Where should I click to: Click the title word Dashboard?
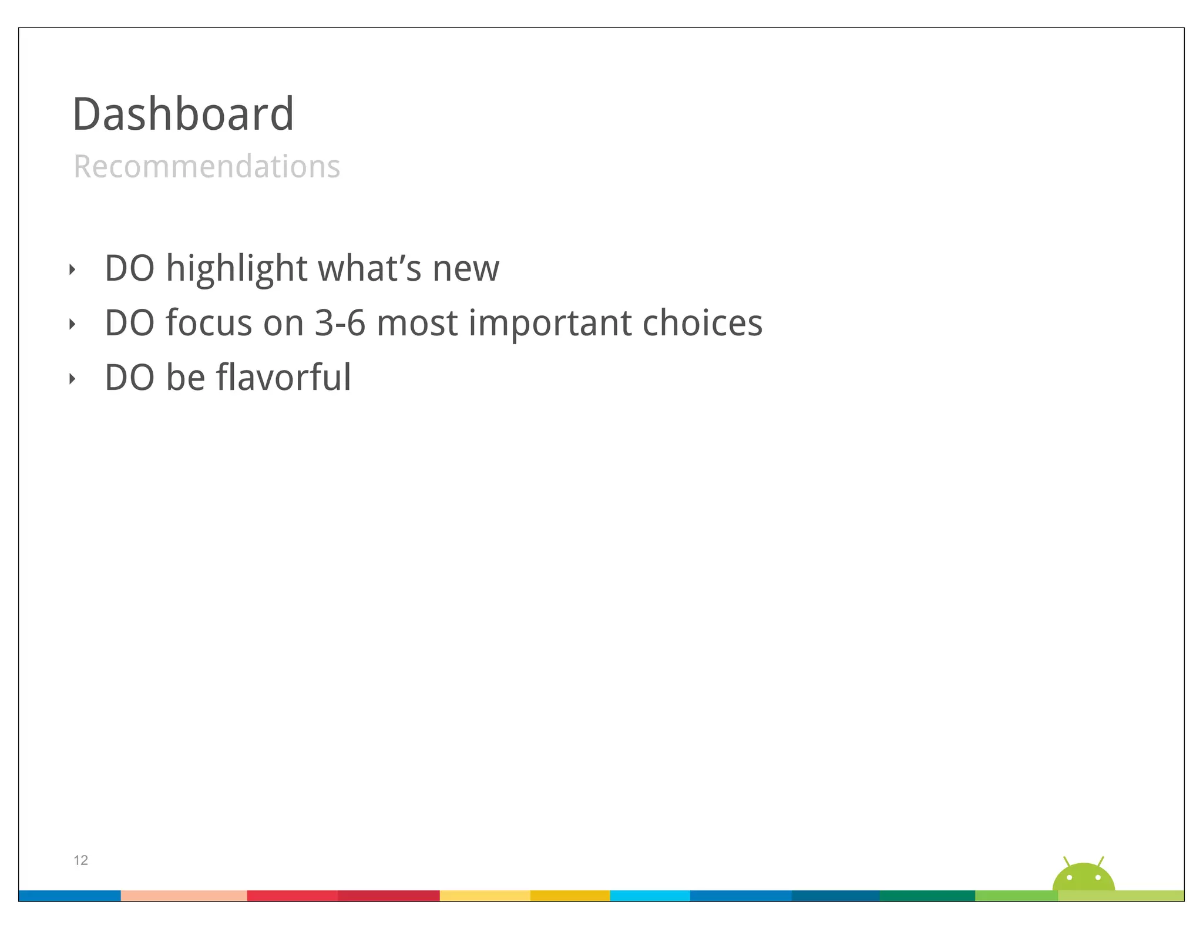[x=183, y=114]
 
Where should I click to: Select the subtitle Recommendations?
[x=207, y=166]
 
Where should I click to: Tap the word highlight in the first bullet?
[x=236, y=268]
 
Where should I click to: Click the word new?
[x=466, y=270]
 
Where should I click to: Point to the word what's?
[x=369, y=268]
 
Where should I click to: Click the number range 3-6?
[x=340, y=323]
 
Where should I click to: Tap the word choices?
[x=702, y=323]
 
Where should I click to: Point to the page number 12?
[x=80, y=860]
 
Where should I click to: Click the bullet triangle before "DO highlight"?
[x=72, y=270]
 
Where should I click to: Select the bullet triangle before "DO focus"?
[x=72, y=324]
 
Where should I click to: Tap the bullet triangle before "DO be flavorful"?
[x=72, y=379]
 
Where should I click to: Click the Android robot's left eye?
[x=1069, y=878]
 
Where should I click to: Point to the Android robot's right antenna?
[x=1101, y=862]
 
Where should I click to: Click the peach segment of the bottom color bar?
[x=184, y=896]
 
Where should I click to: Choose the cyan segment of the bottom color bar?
[x=650, y=896]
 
